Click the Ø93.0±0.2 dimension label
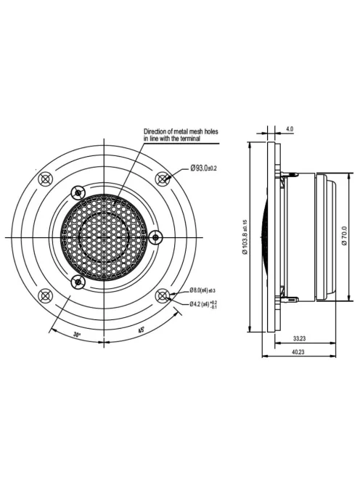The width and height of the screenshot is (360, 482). point(203,168)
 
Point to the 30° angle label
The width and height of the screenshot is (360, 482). point(78,335)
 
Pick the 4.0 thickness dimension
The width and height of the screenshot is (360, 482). point(290,128)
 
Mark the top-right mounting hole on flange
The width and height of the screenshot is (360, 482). point(163,178)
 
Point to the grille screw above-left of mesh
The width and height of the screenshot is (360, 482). point(78,192)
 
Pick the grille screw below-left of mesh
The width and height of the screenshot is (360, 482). point(78,281)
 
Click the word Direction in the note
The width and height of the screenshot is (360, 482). point(158,131)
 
